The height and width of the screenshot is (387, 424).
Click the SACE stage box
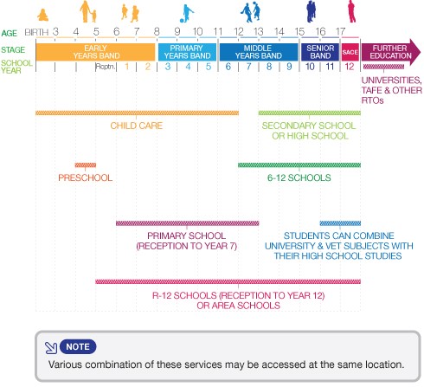coord(350,52)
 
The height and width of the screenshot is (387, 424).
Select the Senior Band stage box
coord(320,52)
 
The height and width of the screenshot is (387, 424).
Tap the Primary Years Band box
coord(187,52)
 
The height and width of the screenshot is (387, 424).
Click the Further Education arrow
coord(391,52)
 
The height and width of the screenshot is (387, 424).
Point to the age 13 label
coord(258,31)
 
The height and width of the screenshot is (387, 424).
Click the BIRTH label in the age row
coord(36,32)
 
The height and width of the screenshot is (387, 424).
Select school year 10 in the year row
coord(310,67)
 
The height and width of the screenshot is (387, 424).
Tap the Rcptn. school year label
coord(106,67)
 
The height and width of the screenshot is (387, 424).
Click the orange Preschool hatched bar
coord(86,165)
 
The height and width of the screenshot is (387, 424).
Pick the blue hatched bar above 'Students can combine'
coord(340,223)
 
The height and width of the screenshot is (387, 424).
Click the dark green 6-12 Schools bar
coord(299,165)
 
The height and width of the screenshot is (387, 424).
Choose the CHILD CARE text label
coord(137,126)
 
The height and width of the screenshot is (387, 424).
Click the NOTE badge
coord(78,346)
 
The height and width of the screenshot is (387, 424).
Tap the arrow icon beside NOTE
coord(51,348)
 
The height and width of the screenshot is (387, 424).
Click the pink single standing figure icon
coord(351,11)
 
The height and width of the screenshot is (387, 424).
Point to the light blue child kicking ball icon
coord(186,13)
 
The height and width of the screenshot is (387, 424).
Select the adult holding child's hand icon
coord(88,11)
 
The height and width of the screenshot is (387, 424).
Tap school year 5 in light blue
coord(209,67)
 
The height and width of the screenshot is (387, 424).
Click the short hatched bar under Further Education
coord(383,67)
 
